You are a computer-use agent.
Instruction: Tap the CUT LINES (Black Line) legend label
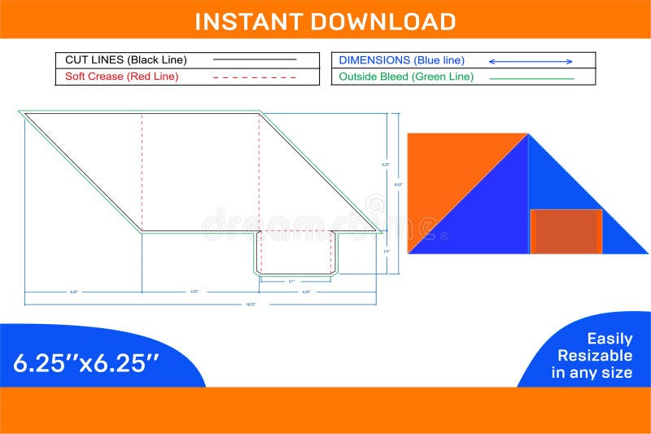(x=125, y=59)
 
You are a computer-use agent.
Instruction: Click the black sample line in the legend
(x=255, y=59)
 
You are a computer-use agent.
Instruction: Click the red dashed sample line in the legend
(x=255, y=77)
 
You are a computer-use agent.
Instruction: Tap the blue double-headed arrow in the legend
(x=531, y=61)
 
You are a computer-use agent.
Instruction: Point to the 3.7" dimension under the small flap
(x=291, y=282)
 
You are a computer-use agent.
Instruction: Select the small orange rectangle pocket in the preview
(x=566, y=230)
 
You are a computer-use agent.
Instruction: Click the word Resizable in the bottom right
(x=594, y=356)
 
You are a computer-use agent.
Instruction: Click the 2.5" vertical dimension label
(x=387, y=252)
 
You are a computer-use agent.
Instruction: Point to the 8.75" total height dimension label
(x=398, y=185)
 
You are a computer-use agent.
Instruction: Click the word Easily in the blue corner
(x=609, y=339)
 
